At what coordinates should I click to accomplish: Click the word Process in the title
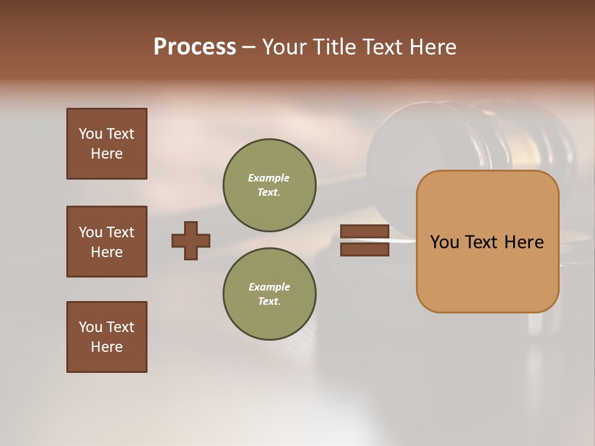tap(195, 47)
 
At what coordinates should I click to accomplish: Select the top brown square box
tap(107, 144)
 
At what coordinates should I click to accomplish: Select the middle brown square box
tap(107, 242)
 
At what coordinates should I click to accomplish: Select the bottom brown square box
tap(107, 337)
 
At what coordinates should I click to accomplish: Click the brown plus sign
tap(191, 240)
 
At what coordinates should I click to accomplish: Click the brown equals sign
tap(364, 240)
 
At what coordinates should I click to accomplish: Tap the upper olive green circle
tap(269, 185)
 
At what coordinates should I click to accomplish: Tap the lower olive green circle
tap(269, 294)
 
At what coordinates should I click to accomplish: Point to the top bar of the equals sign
tap(364, 232)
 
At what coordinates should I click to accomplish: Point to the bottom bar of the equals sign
tap(364, 250)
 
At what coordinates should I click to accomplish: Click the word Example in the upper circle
tap(268, 178)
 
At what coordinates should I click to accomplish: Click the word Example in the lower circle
tap(269, 287)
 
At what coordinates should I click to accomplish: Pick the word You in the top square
tap(90, 134)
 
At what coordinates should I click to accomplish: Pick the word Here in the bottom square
tap(107, 347)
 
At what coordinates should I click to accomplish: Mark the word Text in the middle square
tap(120, 232)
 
